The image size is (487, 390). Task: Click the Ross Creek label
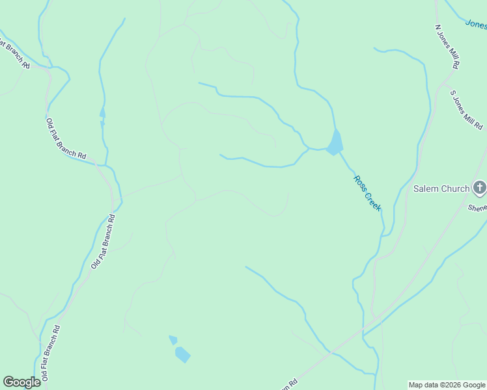[x=367, y=193]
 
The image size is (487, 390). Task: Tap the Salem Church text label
[x=441, y=188]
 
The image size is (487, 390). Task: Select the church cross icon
[x=480, y=188]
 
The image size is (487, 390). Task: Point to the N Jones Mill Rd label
[x=448, y=47]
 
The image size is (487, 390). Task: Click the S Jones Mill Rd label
[x=467, y=109]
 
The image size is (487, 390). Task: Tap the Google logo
[x=21, y=382]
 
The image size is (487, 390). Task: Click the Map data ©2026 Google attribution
[x=447, y=385]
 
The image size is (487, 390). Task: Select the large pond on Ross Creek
[x=335, y=144]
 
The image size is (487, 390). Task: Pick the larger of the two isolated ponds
[x=182, y=354]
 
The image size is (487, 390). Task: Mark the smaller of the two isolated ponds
[x=173, y=339]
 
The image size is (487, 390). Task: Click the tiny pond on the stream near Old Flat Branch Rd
[x=102, y=113]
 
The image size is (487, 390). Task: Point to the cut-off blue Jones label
[x=476, y=24]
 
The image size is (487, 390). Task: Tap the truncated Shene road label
[x=477, y=208]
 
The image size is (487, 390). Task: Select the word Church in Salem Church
[x=455, y=188]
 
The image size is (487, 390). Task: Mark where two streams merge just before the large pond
[x=309, y=149]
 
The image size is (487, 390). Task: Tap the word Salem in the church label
[x=426, y=188]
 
